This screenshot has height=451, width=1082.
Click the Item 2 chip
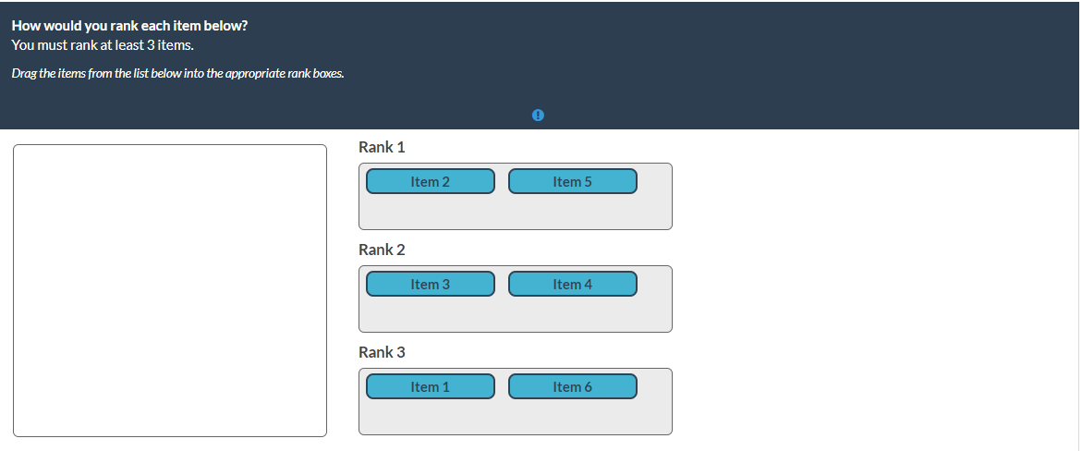430,182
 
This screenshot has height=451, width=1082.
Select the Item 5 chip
573,182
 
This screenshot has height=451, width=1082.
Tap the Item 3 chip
430,284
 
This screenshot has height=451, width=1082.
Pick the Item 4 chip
573,284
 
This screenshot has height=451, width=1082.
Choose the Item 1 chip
430,386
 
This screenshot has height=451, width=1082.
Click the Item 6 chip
573,386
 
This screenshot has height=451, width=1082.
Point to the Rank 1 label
382,147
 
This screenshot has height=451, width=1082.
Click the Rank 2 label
382,250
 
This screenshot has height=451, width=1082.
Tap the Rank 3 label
382,352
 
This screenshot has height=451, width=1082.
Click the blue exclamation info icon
539,116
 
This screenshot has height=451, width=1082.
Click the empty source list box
170,290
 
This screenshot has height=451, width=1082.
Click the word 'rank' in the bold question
123,26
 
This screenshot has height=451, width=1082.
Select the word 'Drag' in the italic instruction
24,73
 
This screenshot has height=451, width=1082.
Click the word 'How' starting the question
26,26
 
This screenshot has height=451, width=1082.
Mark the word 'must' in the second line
54,45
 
